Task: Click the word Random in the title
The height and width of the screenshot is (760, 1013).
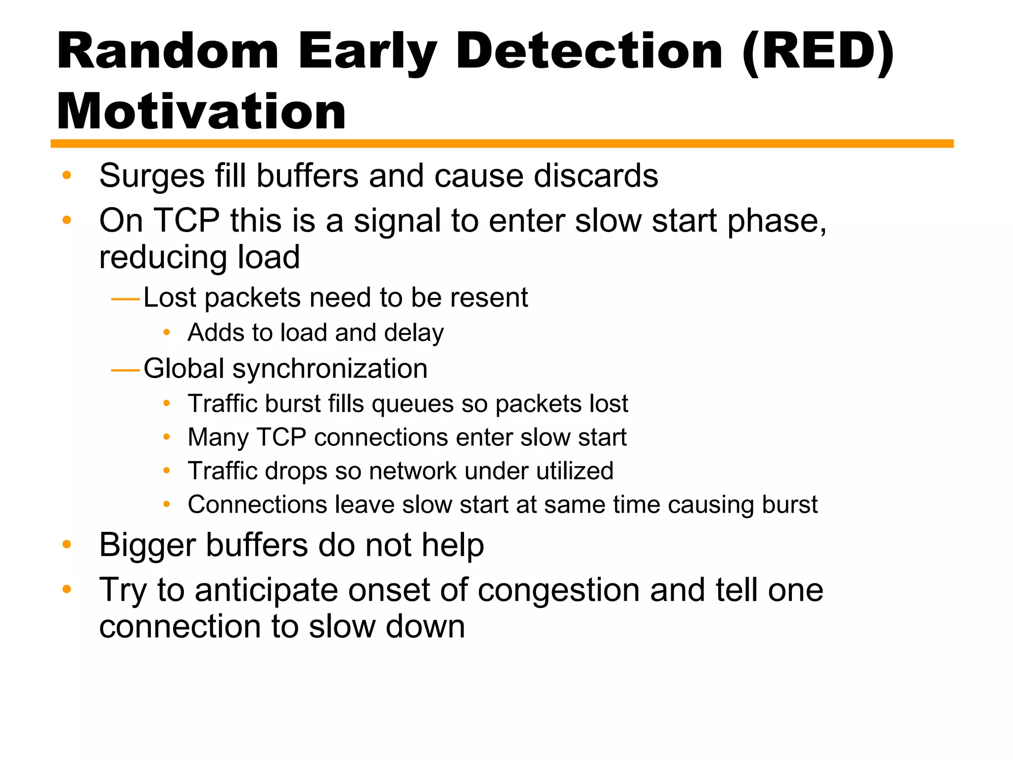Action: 168,51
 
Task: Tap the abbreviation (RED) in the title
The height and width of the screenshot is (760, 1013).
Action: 818,51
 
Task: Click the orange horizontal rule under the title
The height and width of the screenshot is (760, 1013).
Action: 502,143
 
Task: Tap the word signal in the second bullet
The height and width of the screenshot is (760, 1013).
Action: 397,221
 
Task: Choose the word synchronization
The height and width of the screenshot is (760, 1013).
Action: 330,369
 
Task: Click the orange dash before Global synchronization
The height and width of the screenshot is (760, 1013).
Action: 126,370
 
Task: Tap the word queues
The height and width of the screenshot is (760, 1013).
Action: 413,404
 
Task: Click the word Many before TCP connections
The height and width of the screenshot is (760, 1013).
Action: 218,438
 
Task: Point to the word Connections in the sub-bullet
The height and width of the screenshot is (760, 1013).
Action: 257,505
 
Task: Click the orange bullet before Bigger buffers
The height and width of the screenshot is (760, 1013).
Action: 67,545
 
